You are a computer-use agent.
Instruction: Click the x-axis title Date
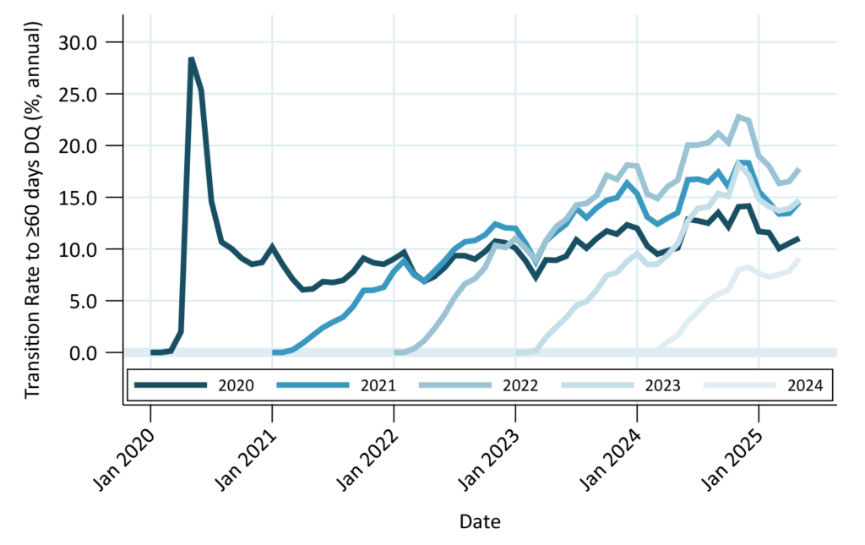tap(480, 521)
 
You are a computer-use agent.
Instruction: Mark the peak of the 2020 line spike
tap(192, 58)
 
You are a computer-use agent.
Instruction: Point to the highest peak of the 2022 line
tap(739, 117)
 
